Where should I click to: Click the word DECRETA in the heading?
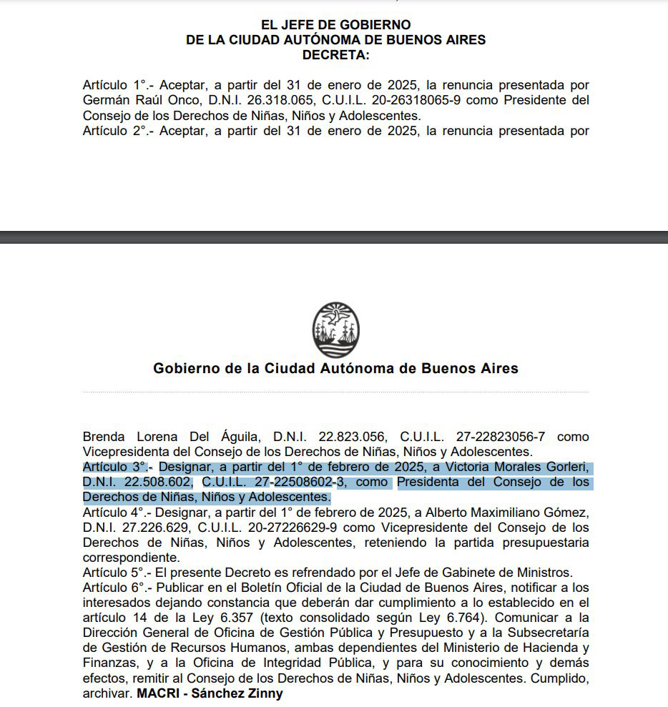(x=335, y=54)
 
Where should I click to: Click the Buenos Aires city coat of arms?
(x=335, y=330)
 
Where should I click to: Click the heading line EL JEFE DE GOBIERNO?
(x=335, y=26)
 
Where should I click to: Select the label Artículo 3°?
(x=112, y=468)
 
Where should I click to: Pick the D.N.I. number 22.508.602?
(x=157, y=483)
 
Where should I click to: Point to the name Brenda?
(x=104, y=436)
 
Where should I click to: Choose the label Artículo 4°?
(x=112, y=513)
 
